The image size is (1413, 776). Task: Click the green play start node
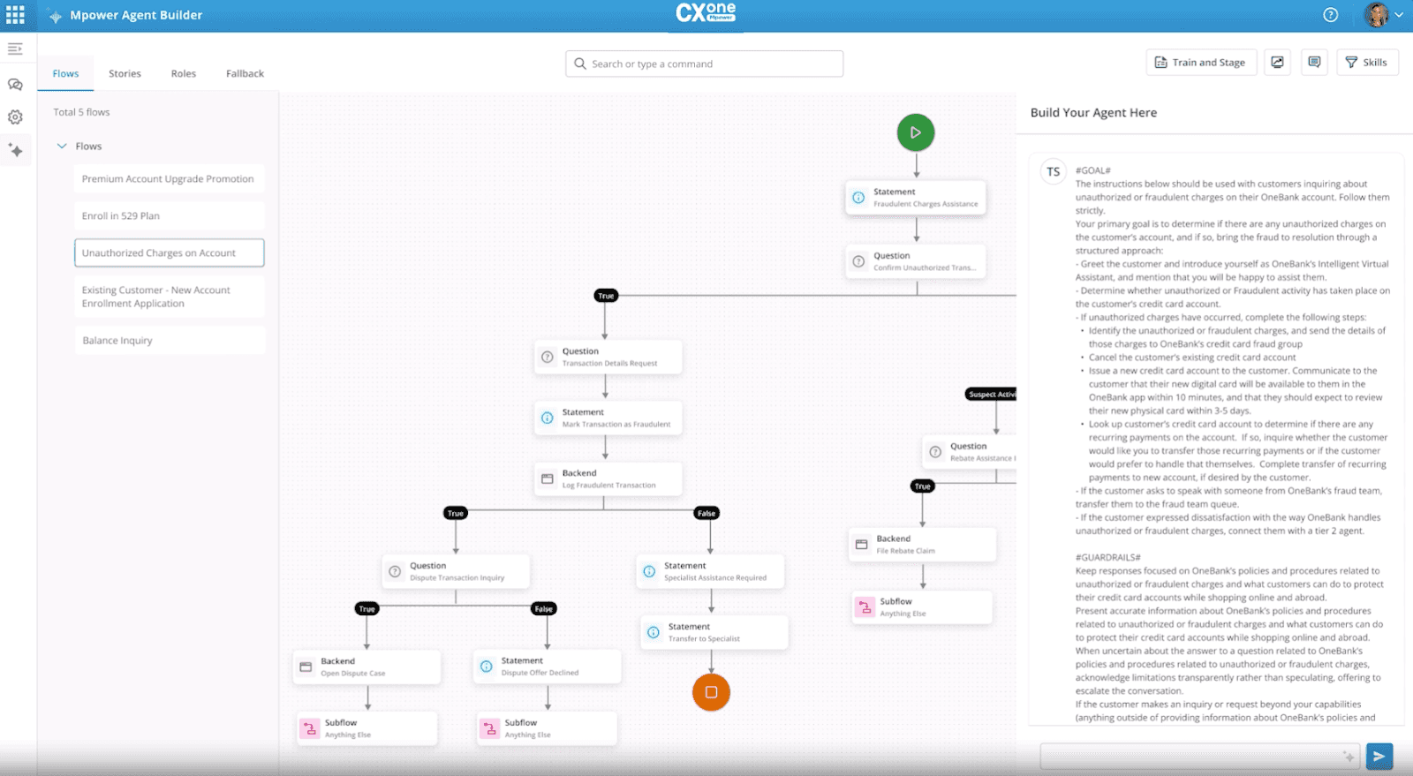point(916,132)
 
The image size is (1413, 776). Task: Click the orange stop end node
point(711,692)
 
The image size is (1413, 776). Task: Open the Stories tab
point(125,73)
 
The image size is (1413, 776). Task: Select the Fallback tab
point(245,73)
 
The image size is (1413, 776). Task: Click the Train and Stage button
point(1200,63)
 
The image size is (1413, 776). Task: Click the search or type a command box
point(704,64)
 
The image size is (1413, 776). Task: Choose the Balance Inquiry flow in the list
point(169,341)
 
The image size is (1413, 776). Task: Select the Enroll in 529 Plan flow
point(169,216)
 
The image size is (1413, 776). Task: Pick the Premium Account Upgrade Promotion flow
point(169,179)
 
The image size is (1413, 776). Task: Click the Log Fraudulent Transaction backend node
point(608,478)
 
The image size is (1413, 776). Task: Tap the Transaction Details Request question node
point(608,357)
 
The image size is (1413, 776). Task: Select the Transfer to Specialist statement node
point(714,632)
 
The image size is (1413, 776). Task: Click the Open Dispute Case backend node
point(366,667)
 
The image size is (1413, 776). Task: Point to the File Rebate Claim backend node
point(922,545)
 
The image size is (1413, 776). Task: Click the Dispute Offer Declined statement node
point(547,667)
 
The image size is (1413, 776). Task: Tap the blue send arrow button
point(1379,756)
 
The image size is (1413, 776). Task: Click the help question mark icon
point(1331,15)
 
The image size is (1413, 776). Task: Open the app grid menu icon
point(16,15)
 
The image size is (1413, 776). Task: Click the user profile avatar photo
point(1376,15)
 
